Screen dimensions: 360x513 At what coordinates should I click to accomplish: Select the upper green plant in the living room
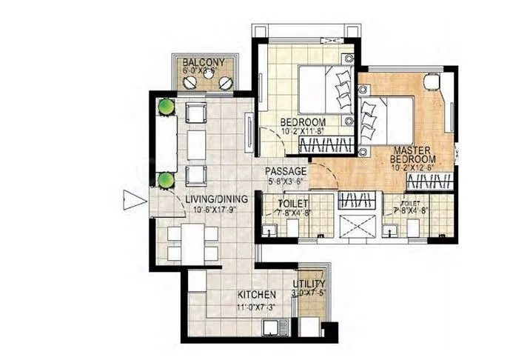(x=165, y=107)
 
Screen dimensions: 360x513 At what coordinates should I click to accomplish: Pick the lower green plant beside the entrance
(x=166, y=179)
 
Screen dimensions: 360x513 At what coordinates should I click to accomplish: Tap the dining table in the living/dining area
(x=192, y=241)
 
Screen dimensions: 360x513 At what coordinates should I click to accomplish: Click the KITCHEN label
(x=236, y=294)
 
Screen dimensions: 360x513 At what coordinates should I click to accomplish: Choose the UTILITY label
(x=309, y=284)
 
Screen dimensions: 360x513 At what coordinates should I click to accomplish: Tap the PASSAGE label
(x=286, y=171)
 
